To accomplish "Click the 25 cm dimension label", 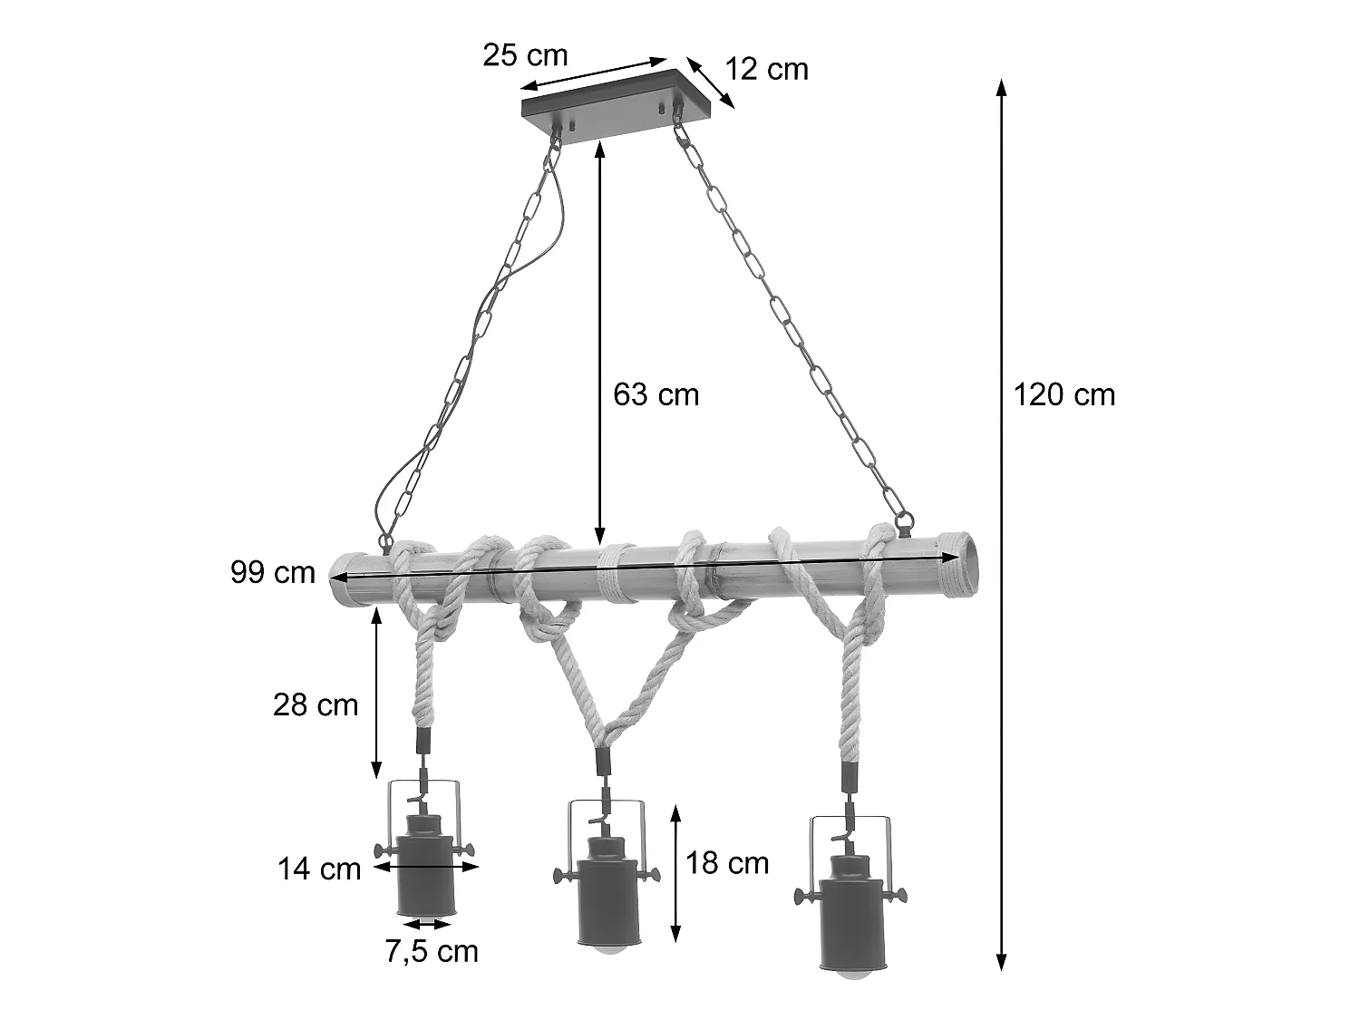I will pyautogui.click(x=525, y=55).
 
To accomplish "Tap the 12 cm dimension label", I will pyautogui.click(x=766, y=70).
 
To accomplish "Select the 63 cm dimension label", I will pyautogui.click(x=656, y=394).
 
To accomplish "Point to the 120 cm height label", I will pyautogui.click(x=1064, y=394).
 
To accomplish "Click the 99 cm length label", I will pyautogui.click(x=273, y=572).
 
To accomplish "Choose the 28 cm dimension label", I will pyautogui.click(x=316, y=704).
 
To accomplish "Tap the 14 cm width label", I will pyautogui.click(x=319, y=869).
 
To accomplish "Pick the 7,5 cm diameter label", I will pyautogui.click(x=432, y=951).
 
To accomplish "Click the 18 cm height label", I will pyautogui.click(x=727, y=863).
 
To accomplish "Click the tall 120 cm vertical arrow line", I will pyautogui.click(x=1001, y=526).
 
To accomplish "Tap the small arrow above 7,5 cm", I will pyautogui.click(x=428, y=924).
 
